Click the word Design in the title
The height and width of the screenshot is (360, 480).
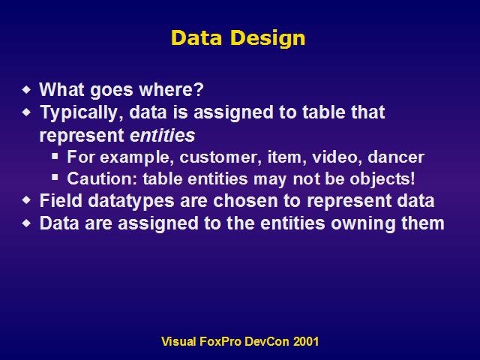(268, 39)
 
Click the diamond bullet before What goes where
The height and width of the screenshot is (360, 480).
(27, 90)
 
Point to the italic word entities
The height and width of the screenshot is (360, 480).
(162, 135)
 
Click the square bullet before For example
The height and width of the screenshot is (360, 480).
(55, 156)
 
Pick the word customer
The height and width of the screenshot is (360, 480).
(220, 157)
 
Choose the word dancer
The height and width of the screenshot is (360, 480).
(396, 157)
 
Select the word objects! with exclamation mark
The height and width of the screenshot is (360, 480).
(382, 179)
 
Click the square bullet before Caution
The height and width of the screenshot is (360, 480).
(55, 177)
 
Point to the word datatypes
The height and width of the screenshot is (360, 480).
(131, 201)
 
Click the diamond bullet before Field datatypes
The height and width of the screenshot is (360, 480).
(27, 200)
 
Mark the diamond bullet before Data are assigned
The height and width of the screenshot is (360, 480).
(27, 223)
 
